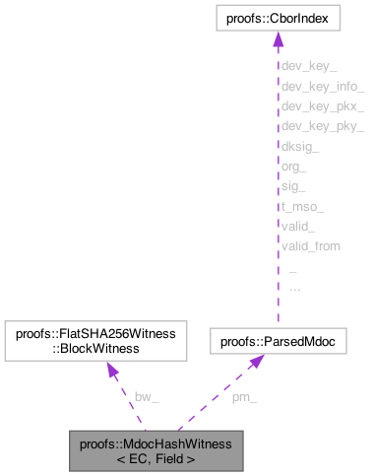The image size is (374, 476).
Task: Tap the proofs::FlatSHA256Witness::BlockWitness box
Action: (91, 341)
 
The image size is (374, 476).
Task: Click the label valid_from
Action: (310, 245)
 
